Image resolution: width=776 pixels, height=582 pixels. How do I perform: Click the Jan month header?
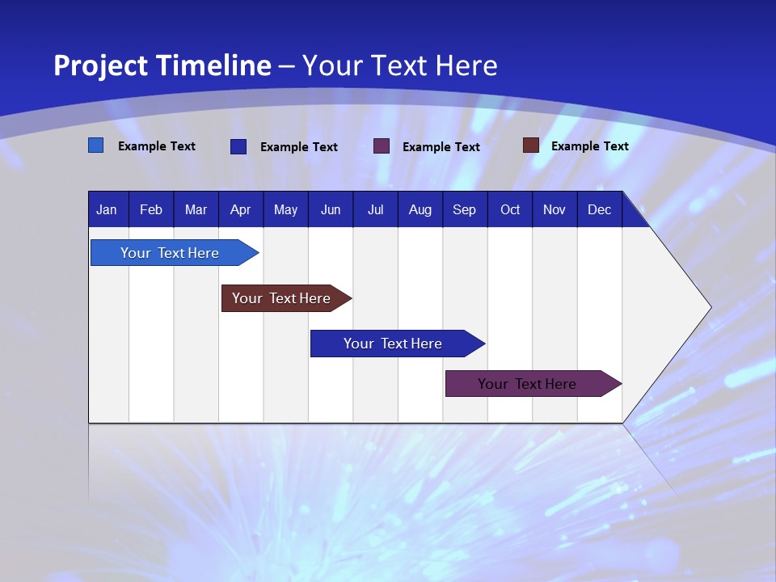pyautogui.click(x=107, y=209)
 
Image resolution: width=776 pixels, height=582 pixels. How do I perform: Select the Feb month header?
pyautogui.click(x=151, y=209)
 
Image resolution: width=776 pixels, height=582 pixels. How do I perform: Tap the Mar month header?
pyautogui.click(x=196, y=209)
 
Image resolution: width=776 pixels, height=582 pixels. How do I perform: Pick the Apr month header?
pyautogui.click(x=240, y=209)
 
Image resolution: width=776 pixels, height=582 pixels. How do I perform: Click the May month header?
pyautogui.click(x=285, y=209)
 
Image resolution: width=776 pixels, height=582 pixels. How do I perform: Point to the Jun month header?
pyautogui.click(x=331, y=209)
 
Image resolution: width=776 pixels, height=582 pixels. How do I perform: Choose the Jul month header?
pyautogui.click(x=375, y=209)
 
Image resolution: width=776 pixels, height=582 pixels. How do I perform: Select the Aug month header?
pyautogui.click(x=420, y=209)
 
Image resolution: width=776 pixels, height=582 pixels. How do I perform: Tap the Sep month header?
pyautogui.click(x=465, y=209)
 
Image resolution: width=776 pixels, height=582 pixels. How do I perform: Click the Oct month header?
pyautogui.click(x=510, y=209)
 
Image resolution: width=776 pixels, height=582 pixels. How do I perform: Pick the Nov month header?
pyautogui.click(x=555, y=209)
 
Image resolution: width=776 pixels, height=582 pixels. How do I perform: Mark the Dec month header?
pyautogui.click(x=600, y=209)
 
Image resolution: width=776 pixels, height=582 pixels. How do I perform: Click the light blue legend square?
pyautogui.click(x=95, y=145)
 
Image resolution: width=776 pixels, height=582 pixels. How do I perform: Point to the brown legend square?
pyautogui.click(x=530, y=145)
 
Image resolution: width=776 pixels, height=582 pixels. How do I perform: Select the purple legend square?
pyautogui.click(x=382, y=146)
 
